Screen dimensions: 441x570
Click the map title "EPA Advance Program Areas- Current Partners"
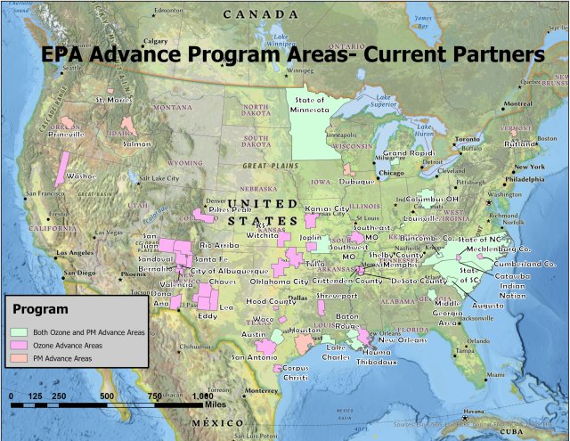coord(293,53)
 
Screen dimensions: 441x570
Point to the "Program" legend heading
coord(40,310)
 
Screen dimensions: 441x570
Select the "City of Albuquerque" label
coord(230,270)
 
